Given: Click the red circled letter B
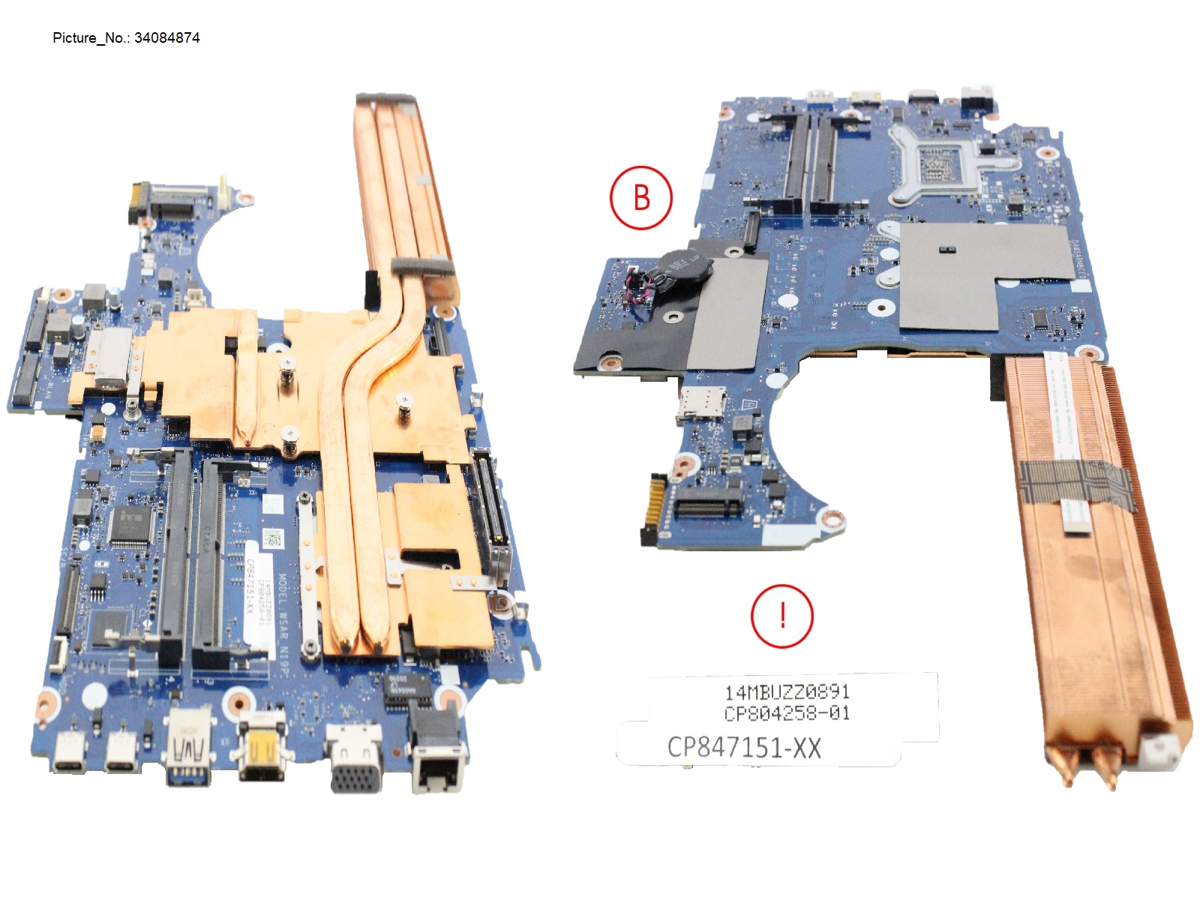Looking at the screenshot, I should [640, 198].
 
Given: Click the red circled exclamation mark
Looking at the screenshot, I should [781, 616].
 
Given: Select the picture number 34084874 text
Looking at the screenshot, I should [126, 38].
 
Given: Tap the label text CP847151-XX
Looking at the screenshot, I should [744, 748].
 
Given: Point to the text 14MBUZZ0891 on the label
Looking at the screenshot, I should [787, 691].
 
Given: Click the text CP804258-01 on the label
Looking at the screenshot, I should [787, 713].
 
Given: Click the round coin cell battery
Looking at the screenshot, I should [678, 269].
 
